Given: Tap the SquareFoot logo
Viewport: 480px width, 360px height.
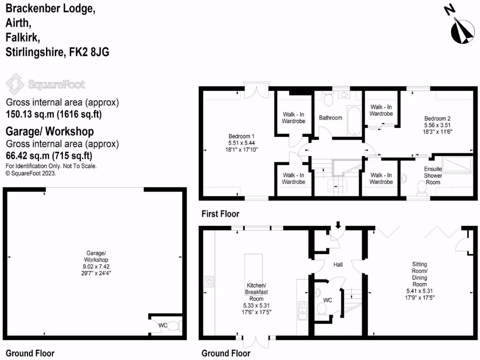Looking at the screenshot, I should pos(45,84).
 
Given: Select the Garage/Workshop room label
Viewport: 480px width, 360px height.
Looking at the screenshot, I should pos(96,266).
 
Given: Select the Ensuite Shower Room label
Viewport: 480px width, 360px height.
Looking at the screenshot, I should pos(433,175).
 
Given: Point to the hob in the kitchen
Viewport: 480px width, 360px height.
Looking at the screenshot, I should pos(209,282).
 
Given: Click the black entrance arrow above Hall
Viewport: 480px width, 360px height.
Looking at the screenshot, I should pos(338,225).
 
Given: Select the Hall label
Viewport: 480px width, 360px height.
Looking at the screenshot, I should pos(338,265).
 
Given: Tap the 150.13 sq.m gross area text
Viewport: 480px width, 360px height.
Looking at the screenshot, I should pos(53,114).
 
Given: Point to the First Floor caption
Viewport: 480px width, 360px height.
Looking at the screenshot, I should pos(220,214).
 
